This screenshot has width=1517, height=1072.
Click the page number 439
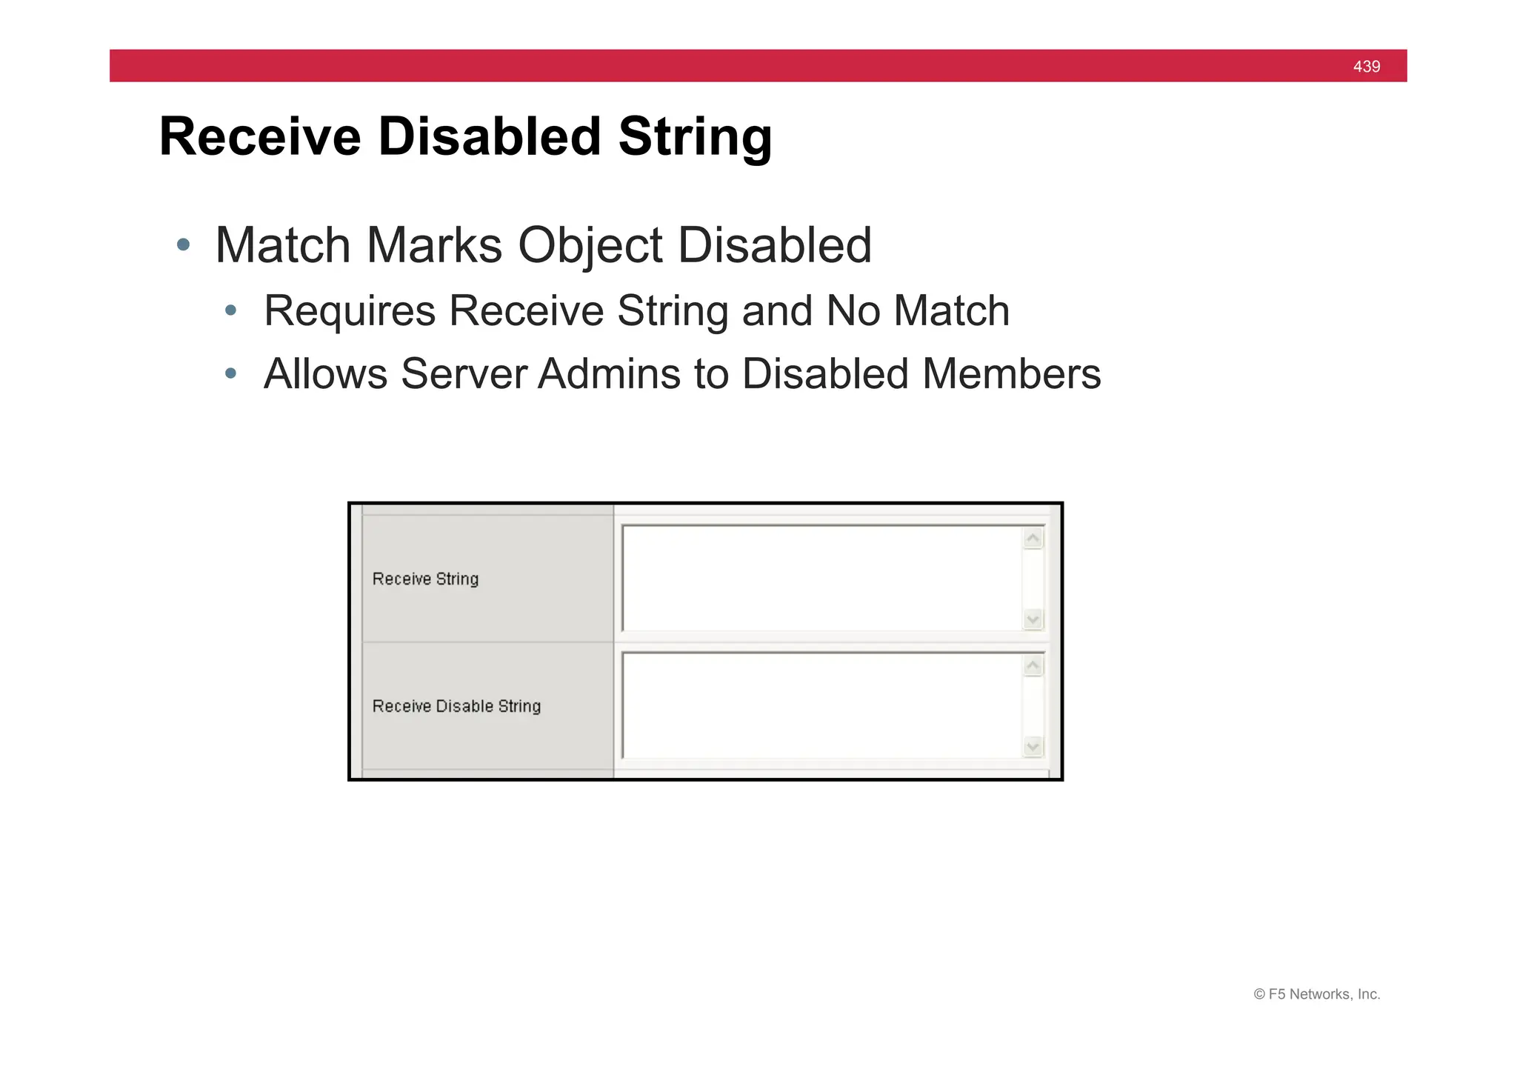(1366, 67)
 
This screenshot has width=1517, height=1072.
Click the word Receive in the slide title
(260, 137)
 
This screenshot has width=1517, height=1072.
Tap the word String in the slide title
(695, 137)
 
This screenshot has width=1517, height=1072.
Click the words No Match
(918, 310)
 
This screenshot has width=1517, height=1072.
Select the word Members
(1011, 373)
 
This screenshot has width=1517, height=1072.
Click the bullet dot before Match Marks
(184, 244)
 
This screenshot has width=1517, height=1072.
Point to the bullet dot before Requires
(231, 310)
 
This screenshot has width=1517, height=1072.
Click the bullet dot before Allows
(231, 373)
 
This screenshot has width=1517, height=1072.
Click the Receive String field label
(425, 579)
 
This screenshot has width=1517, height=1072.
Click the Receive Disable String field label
(456, 706)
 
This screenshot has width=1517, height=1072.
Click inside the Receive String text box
(821, 579)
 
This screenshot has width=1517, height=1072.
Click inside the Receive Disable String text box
(821, 706)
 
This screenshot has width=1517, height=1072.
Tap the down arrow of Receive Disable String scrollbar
(1033, 746)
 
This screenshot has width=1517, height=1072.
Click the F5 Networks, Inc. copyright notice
(1316, 994)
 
